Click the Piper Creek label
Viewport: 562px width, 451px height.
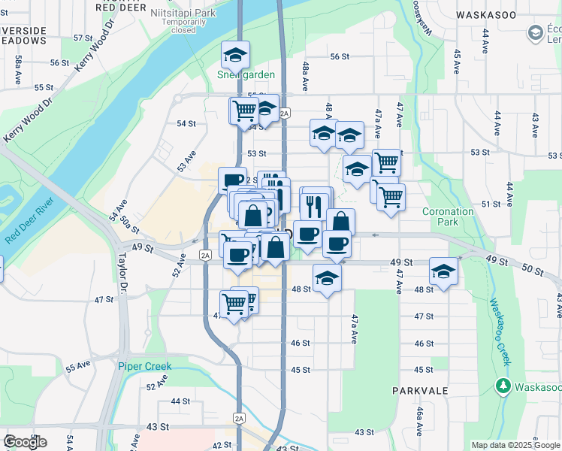(144, 366)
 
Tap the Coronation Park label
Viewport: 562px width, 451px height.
(448, 217)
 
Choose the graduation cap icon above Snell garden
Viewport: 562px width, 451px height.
(235, 55)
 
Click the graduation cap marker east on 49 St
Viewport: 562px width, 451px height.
(443, 271)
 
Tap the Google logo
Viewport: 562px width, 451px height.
(25, 442)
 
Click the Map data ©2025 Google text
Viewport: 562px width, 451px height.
(515, 445)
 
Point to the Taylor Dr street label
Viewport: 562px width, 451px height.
(122, 270)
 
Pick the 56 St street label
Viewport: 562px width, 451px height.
(340, 57)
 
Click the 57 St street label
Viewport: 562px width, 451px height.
(83, 38)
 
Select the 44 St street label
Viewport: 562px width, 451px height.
(180, 401)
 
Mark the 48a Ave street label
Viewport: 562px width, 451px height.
(307, 77)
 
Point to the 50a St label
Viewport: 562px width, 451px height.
(131, 223)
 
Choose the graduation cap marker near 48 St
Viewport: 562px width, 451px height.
(326, 279)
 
